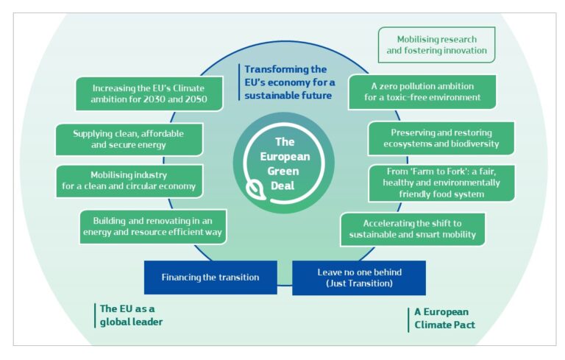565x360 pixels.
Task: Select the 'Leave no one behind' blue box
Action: (358, 278)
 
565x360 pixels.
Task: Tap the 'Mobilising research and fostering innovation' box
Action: (436, 45)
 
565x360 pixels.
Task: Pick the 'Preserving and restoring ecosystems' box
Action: (441, 138)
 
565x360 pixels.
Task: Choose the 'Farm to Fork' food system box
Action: (441, 183)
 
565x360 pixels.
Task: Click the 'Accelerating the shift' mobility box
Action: (412, 229)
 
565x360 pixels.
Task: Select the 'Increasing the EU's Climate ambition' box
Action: (149, 93)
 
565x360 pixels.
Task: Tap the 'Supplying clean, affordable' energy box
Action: (129, 139)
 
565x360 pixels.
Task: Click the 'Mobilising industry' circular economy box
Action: (129, 181)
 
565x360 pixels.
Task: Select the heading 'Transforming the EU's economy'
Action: (289, 82)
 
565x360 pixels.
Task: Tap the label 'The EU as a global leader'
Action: (130, 315)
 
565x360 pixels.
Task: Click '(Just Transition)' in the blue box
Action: (358, 283)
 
